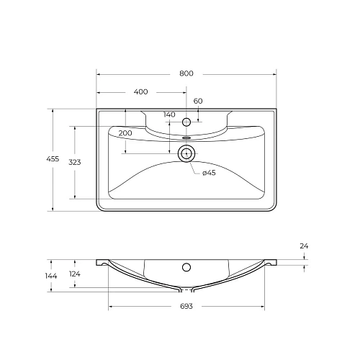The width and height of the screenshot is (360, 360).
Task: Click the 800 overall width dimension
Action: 186,73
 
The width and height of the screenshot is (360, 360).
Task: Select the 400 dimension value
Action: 141,91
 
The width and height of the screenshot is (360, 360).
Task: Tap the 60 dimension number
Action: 198,101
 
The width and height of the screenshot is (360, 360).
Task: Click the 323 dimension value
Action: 75,162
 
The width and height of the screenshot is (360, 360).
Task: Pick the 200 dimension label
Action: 125,134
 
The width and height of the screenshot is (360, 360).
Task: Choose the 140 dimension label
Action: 169,114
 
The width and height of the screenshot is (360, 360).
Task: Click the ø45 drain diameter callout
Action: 209,173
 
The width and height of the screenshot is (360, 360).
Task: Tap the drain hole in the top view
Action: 186,152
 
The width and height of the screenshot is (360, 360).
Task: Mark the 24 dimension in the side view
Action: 304,246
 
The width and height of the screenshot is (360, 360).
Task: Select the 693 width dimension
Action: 186,307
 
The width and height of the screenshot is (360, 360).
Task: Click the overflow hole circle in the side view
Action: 186,267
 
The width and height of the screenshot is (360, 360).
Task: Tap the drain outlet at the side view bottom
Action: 186,290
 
